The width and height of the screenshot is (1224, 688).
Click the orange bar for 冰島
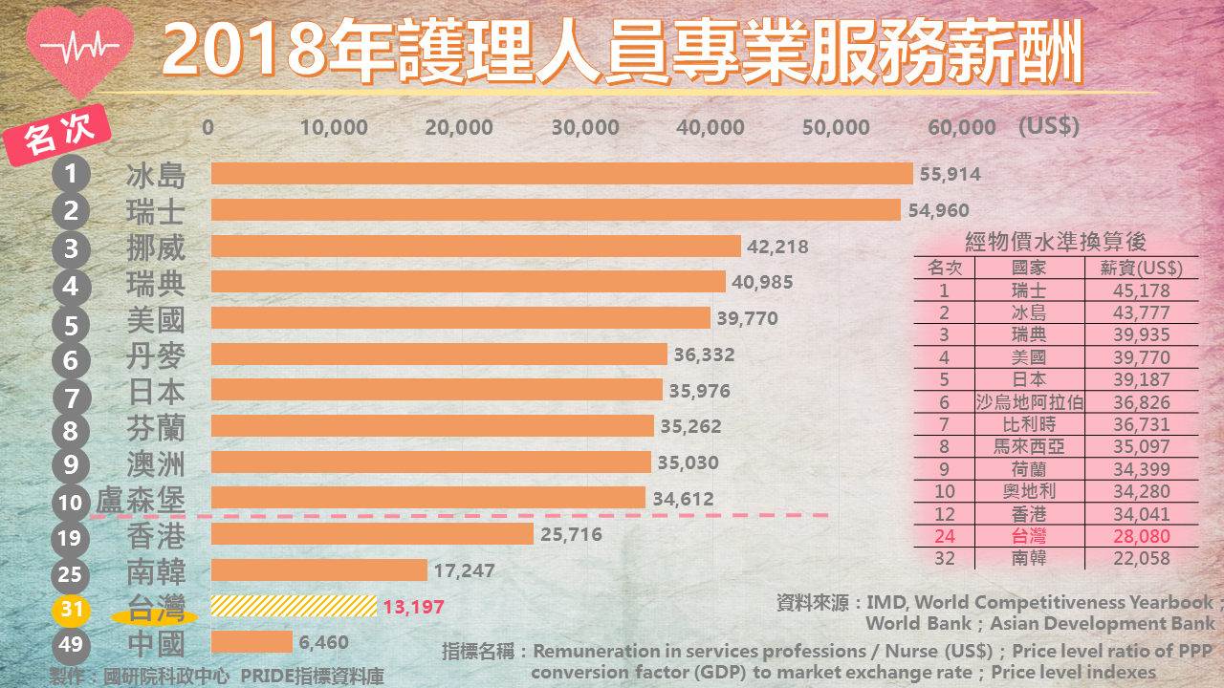(x=561, y=174)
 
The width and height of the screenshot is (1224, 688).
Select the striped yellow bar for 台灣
(x=293, y=606)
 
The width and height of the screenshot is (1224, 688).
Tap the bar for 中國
(x=251, y=642)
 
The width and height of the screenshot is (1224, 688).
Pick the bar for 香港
(x=372, y=534)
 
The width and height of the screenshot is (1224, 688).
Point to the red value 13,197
(x=413, y=607)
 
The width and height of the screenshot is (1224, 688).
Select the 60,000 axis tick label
(x=961, y=128)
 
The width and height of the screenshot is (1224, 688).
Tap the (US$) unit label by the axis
(x=1049, y=126)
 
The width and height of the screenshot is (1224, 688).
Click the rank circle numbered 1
(x=71, y=175)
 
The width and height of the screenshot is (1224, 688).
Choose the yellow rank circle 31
(x=71, y=609)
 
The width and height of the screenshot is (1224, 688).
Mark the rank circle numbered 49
(x=71, y=645)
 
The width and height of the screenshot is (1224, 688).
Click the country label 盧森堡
(x=141, y=500)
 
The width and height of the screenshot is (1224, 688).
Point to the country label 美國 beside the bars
(x=156, y=319)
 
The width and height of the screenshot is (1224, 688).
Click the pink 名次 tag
(x=59, y=138)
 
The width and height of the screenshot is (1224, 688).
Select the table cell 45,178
(x=1142, y=290)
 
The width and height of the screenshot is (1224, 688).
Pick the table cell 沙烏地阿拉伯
(x=1029, y=402)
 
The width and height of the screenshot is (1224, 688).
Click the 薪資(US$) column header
(x=1142, y=269)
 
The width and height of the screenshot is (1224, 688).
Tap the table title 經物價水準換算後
(x=1056, y=243)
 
